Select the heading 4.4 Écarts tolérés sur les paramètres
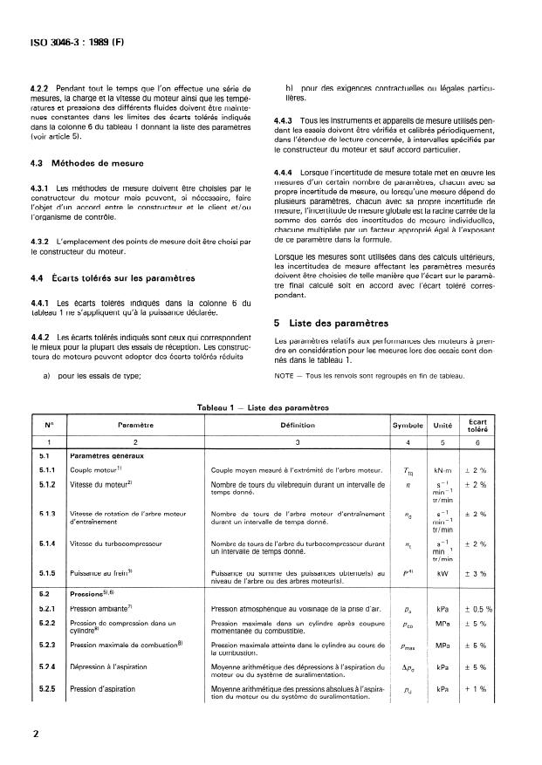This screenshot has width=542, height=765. (x=111, y=279)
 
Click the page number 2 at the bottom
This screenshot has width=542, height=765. (x=35, y=733)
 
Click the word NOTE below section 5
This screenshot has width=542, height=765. (x=285, y=376)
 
